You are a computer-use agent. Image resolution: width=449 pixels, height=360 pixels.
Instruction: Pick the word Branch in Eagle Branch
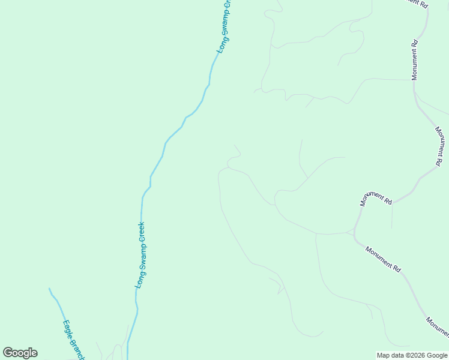tap(78, 348)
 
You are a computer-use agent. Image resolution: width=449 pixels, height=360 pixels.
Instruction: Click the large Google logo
tap(20, 353)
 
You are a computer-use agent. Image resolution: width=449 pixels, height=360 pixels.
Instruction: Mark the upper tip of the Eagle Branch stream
tap(49, 289)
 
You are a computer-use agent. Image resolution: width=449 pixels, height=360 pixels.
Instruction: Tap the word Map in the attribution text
tap(384, 355)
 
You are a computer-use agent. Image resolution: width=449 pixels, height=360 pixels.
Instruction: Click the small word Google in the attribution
tap(437, 355)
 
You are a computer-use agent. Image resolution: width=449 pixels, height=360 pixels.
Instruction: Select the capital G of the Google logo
tap(8, 353)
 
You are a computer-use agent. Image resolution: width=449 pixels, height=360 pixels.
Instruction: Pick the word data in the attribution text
tap(397, 355)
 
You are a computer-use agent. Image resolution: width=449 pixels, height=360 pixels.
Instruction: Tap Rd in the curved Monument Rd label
tap(388, 202)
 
